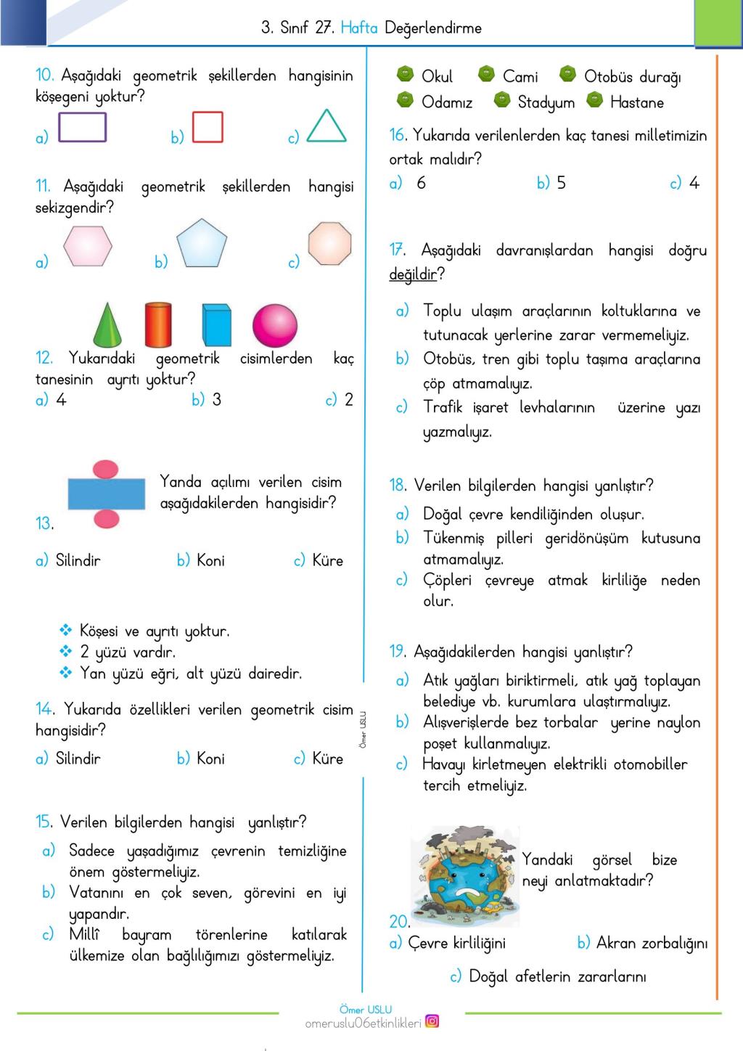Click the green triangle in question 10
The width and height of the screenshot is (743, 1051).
pyautogui.click(x=327, y=128)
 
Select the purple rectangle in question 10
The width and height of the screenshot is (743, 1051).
pyautogui.click(x=82, y=128)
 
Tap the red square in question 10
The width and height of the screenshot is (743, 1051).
pyautogui.click(x=208, y=127)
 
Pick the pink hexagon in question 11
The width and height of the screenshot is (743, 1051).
pyautogui.click(x=88, y=246)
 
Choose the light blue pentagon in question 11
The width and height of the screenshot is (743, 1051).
pyautogui.click(x=202, y=244)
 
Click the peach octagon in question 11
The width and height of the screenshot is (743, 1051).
pyautogui.click(x=329, y=244)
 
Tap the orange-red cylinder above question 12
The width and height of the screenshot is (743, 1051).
pyautogui.click(x=158, y=324)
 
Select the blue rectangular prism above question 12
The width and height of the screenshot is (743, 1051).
pyautogui.click(x=216, y=325)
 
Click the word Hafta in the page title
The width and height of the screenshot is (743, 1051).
pyautogui.click(x=359, y=28)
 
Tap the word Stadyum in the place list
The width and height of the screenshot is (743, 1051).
pyautogui.click(x=546, y=102)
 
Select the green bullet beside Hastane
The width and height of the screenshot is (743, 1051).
pyautogui.click(x=595, y=100)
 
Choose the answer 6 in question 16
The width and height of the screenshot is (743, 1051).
pyautogui.click(x=421, y=183)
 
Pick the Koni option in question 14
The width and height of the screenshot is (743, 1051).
pyautogui.click(x=210, y=758)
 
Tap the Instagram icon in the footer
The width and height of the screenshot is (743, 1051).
pyautogui.click(x=432, y=1021)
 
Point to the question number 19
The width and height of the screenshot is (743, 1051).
pyautogui.click(x=398, y=652)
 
